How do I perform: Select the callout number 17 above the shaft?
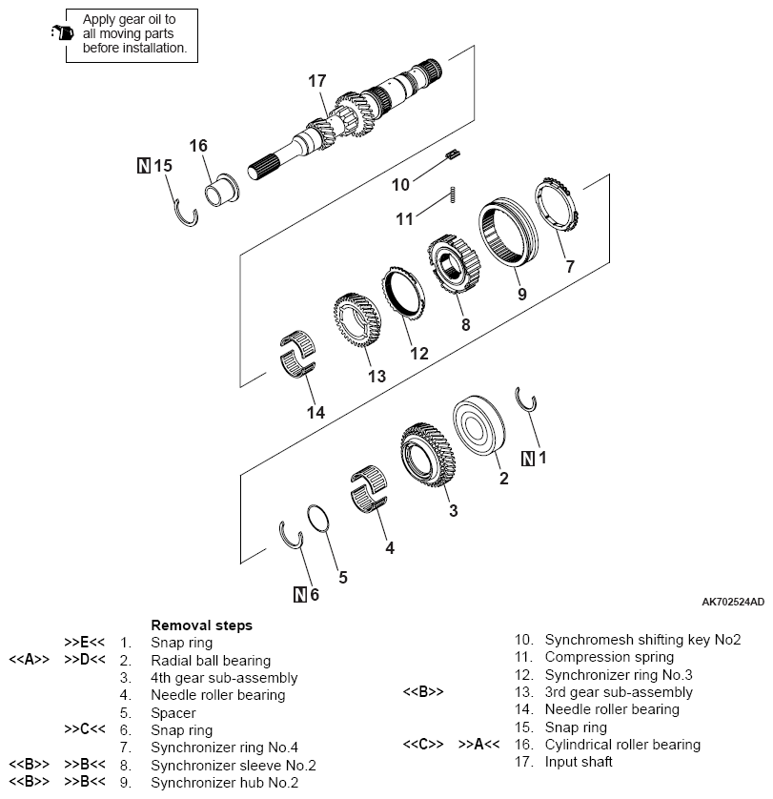point(317,81)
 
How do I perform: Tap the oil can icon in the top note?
point(60,32)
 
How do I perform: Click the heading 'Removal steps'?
point(201,625)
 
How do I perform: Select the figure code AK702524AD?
point(732,602)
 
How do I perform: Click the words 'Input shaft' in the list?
point(579,761)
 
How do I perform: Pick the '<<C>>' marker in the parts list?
point(421,744)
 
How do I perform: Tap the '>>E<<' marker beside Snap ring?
point(84,643)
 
